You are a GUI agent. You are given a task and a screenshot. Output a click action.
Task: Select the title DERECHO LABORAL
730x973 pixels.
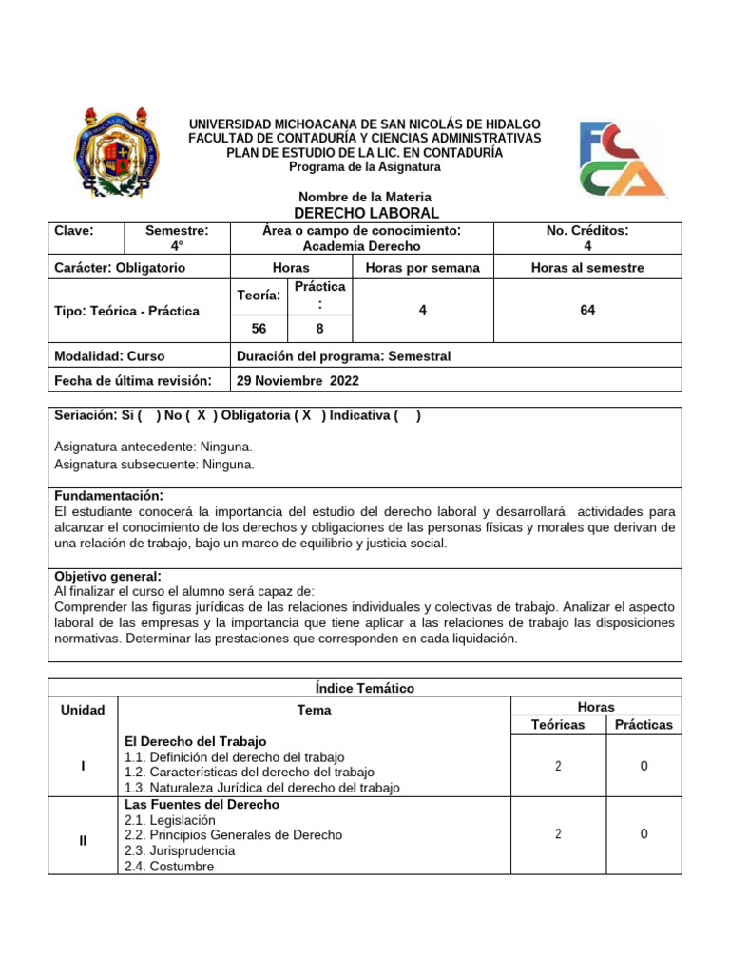tap(364, 213)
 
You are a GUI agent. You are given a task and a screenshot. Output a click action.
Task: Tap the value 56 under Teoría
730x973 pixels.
tap(259, 328)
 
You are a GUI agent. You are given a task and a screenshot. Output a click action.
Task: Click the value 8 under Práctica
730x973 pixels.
tap(319, 328)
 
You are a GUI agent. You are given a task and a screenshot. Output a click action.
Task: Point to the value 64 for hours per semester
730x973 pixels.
tap(586, 310)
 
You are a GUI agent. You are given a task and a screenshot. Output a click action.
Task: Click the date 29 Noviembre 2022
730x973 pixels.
tap(298, 381)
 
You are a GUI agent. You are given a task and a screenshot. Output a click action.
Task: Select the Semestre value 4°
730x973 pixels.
tap(177, 245)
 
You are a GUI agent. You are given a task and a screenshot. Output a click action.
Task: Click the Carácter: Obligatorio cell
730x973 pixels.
tap(121, 268)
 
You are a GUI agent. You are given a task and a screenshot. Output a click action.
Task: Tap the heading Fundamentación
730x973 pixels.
tap(108, 496)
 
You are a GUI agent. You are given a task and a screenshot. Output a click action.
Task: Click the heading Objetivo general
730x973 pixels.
tap(107, 577)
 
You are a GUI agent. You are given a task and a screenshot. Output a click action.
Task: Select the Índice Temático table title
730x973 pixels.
tap(364, 688)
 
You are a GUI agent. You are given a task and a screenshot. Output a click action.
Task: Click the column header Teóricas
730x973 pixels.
tap(558, 724)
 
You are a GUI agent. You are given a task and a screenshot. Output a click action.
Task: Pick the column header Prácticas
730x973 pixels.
tap(644, 724)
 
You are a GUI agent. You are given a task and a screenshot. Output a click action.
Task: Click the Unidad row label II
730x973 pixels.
tap(84, 840)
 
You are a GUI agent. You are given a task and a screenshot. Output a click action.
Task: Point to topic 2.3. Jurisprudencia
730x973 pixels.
tap(180, 850)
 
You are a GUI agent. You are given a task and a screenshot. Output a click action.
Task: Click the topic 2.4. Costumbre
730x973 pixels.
tap(169, 866)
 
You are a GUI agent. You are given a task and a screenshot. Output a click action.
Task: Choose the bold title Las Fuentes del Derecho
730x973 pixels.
tap(202, 804)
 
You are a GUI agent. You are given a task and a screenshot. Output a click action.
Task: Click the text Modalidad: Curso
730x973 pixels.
tap(110, 356)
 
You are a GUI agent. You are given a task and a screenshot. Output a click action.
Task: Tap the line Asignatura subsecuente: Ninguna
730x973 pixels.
tap(155, 465)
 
